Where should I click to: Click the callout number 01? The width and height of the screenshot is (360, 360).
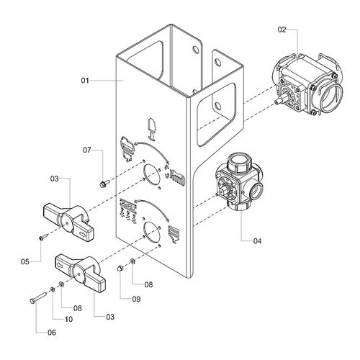click(85, 81)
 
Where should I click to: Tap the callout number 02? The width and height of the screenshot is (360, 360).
click(282, 30)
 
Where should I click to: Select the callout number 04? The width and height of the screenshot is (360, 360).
click(257, 241)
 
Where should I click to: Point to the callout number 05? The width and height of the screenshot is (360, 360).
click(25, 261)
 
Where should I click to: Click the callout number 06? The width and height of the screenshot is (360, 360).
click(52, 333)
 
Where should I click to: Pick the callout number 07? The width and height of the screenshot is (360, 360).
click(87, 150)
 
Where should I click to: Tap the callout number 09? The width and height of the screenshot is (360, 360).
click(136, 299)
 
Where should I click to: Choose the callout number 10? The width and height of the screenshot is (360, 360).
click(68, 319)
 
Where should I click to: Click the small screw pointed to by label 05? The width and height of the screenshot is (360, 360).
click(43, 237)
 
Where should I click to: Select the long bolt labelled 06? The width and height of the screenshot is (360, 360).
click(37, 297)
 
